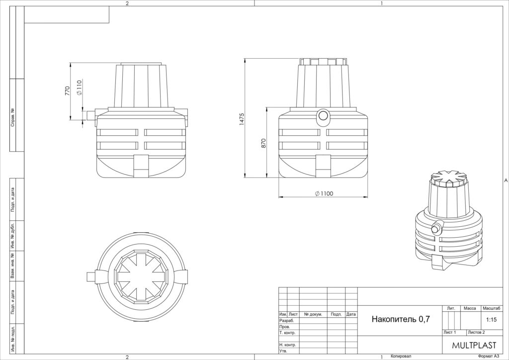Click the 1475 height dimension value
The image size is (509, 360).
pos(242,119)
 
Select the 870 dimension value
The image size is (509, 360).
pos(263,143)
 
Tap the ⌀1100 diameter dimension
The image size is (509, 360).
pos(324,194)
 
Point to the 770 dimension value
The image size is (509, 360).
pos(67,90)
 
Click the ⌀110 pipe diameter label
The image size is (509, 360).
pos(79,88)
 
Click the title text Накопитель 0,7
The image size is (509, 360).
pos(401,319)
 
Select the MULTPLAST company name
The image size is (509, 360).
pos(474,345)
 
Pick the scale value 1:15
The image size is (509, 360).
pos(492,320)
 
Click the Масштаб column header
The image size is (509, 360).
pos(492,308)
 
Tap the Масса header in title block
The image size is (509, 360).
pos(470,308)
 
